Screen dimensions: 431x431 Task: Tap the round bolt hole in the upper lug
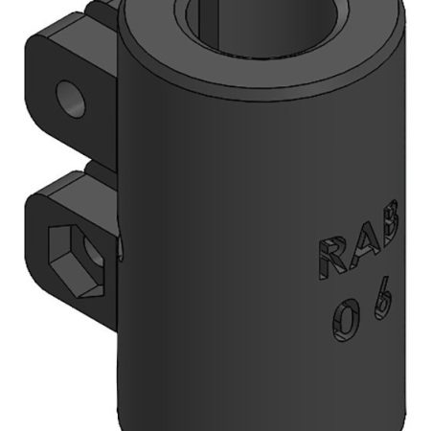click(70, 96)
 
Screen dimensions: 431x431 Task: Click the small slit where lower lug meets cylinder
click(121, 250)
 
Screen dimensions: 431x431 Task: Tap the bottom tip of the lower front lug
click(105, 321)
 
